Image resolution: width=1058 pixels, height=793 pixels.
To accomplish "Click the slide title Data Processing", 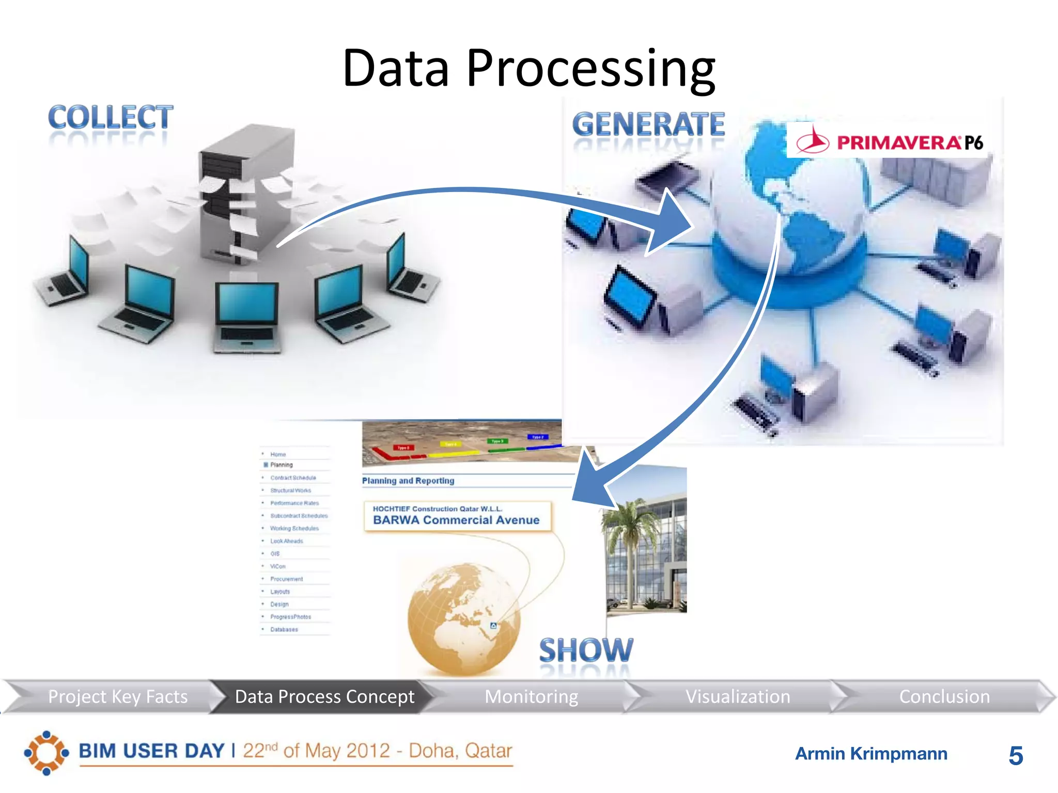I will click(528, 68).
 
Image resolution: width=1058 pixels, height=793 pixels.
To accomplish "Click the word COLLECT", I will click(111, 118).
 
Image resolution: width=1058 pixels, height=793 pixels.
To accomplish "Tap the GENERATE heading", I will click(648, 125).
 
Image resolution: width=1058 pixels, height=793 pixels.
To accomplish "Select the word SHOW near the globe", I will click(586, 651).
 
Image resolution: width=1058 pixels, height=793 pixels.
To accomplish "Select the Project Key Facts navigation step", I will click(117, 697).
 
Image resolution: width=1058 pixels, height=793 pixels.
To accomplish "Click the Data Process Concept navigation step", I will click(324, 697).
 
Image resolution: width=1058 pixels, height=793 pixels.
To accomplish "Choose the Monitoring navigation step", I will click(531, 697).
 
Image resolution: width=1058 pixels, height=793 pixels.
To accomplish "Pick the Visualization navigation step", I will click(738, 697).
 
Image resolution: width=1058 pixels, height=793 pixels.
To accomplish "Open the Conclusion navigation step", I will click(944, 697).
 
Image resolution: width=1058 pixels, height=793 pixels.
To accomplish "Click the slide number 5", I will click(1016, 756).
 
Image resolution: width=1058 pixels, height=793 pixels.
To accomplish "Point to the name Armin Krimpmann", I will click(871, 754).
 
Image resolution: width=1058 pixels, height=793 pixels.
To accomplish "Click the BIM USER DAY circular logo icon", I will click(46, 753).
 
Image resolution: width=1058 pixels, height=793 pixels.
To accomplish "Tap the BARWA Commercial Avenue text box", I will click(457, 516).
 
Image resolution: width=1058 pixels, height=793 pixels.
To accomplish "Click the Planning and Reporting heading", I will click(408, 481).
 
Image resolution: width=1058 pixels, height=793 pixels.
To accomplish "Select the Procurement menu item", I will click(287, 579).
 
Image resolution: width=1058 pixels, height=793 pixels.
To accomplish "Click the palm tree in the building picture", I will click(627, 537).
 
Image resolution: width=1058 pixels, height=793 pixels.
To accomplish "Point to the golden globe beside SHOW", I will click(463, 618).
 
